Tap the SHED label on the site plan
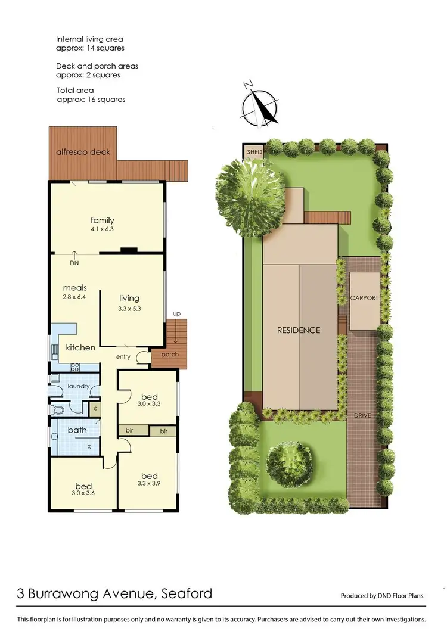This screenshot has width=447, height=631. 254,152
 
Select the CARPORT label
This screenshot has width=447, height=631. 364,298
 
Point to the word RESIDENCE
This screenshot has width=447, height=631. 299,330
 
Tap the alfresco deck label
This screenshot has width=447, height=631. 83,152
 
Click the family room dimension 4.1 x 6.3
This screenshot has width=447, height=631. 103,228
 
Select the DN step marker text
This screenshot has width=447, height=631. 74,263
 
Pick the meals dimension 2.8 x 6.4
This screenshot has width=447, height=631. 74,296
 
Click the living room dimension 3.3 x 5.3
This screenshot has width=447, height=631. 129,309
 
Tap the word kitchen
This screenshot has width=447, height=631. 80,347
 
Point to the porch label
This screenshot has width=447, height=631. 170,355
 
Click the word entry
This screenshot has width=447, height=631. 123,356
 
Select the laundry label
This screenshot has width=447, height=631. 78,386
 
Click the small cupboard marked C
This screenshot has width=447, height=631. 95,409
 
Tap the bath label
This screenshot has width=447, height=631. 77,430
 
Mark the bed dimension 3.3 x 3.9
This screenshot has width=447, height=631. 149,484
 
